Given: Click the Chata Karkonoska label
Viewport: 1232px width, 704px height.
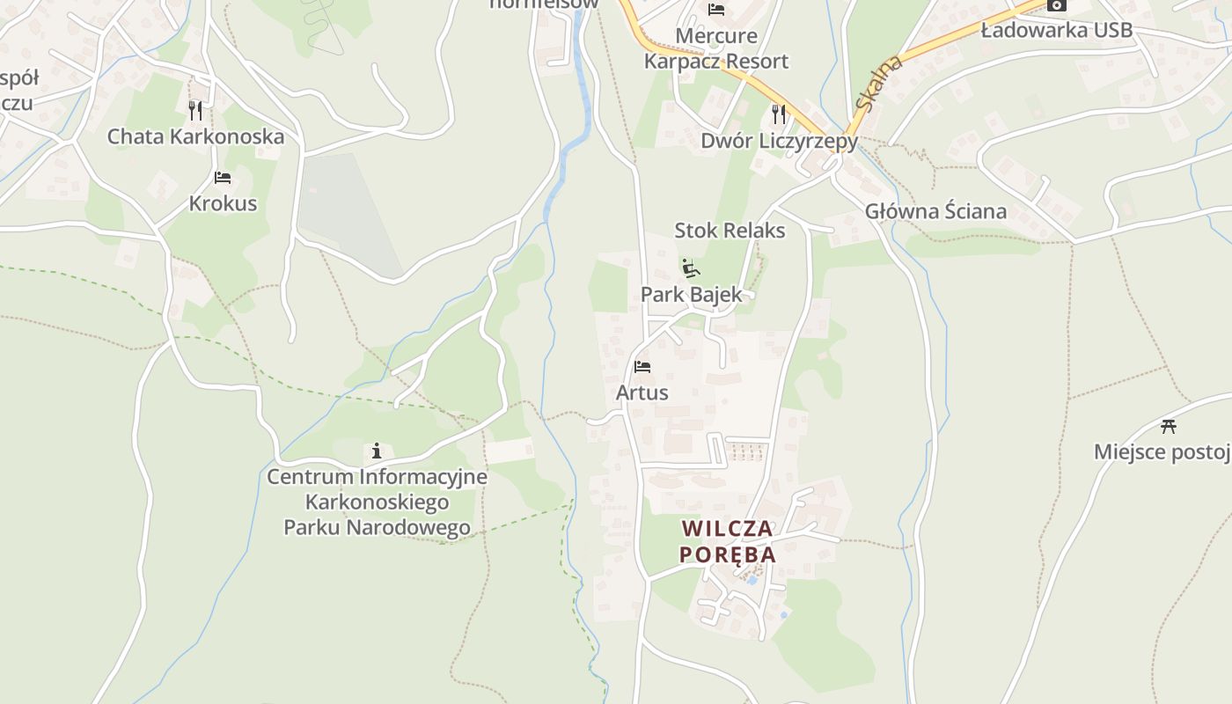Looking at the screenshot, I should click(195, 136).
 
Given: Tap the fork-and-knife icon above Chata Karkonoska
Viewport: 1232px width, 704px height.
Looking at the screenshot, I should click(195, 110).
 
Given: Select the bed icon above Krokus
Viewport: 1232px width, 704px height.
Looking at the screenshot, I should click(223, 178).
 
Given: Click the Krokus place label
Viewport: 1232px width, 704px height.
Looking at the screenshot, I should click(223, 203).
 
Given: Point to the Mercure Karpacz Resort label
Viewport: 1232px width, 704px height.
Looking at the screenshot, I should click(716, 48).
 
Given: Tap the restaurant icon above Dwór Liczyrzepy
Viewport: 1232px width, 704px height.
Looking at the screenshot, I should click(779, 114).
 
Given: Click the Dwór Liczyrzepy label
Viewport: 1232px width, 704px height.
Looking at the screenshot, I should click(779, 141).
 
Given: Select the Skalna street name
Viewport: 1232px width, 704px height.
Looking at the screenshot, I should click(878, 84).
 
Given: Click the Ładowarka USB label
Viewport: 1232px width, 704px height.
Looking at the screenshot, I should click(1056, 31).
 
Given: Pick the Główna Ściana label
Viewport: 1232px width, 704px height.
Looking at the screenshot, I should click(935, 211).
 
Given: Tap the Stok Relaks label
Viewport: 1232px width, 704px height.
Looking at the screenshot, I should click(730, 231).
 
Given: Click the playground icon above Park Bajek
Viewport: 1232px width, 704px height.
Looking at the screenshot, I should click(691, 268).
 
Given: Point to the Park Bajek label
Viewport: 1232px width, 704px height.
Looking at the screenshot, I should click(691, 295).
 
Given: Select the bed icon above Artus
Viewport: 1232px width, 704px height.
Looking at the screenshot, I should click(642, 366).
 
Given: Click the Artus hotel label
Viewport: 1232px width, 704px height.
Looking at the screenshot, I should click(642, 392).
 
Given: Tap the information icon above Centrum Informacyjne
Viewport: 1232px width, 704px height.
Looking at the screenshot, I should click(377, 451).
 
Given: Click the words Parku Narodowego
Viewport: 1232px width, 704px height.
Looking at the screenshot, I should click(377, 528).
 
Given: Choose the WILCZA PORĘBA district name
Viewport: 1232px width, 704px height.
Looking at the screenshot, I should click(728, 541).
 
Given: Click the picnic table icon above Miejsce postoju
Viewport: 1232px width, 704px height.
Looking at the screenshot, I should click(1169, 426).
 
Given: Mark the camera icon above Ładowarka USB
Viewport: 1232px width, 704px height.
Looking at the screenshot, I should click(1056, 5).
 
